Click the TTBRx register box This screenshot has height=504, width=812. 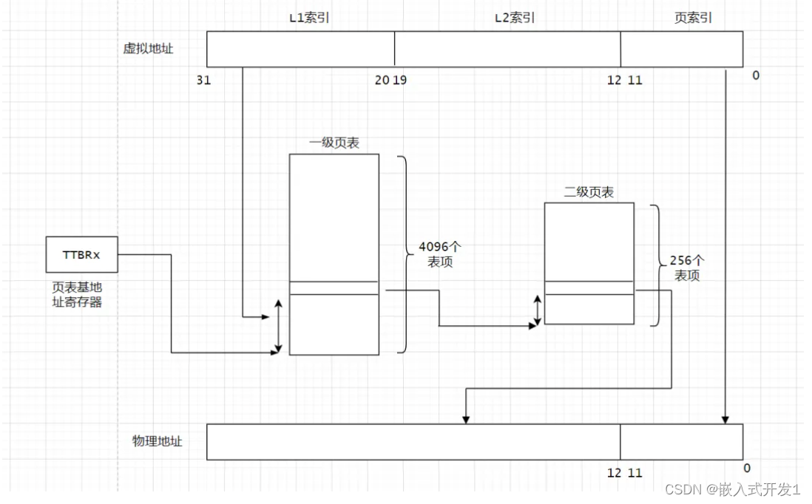pyautogui.click(x=81, y=255)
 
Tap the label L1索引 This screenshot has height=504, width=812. pyautogui.click(x=309, y=18)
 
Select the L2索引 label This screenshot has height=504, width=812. pyautogui.click(x=515, y=18)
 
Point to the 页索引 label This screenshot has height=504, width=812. pyautogui.click(x=693, y=18)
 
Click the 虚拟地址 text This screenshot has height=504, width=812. pyautogui.click(x=148, y=49)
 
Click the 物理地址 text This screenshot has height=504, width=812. pyautogui.click(x=158, y=441)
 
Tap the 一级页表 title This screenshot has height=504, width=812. pyautogui.click(x=334, y=143)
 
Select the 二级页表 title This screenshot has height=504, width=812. pyautogui.click(x=589, y=192)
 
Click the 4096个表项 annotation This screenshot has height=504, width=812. pyautogui.click(x=439, y=254)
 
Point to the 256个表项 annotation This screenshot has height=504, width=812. pyautogui.click(x=688, y=268)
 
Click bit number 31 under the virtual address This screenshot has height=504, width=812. pyautogui.click(x=203, y=81)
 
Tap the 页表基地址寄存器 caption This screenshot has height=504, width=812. pyautogui.click(x=77, y=294)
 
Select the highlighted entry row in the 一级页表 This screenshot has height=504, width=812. pyautogui.click(x=334, y=288)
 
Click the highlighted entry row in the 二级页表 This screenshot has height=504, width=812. pyautogui.click(x=589, y=288)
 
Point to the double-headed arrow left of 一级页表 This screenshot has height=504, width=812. pyautogui.click(x=279, y=326)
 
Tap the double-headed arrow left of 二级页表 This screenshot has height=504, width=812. pyautogui.click(x=538, y=310)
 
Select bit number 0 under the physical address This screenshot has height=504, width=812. pyautogui.click(x=746, y=468)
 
